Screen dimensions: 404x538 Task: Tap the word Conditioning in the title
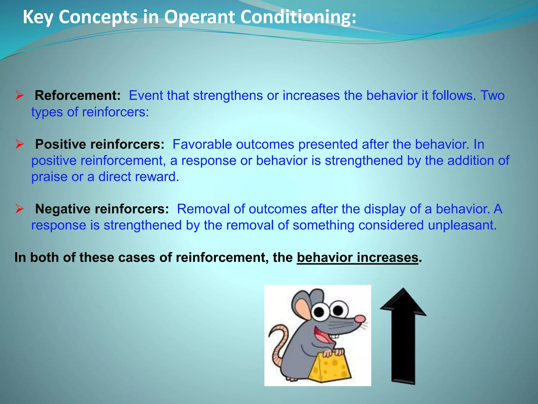click(x=298, y=17)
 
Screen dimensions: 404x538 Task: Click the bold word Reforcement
click(x=77, y=95)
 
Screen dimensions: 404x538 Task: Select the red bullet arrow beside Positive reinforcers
click(x=20, y=144)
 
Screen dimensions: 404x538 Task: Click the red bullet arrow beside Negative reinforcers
click(x=20, y=209)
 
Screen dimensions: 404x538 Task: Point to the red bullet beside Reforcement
click(x=20, y=95)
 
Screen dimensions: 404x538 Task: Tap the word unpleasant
click(x=462, y=225)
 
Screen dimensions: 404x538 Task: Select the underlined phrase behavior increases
click(x=357, y=257)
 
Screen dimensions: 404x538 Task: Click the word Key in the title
click(x=38, y=17)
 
